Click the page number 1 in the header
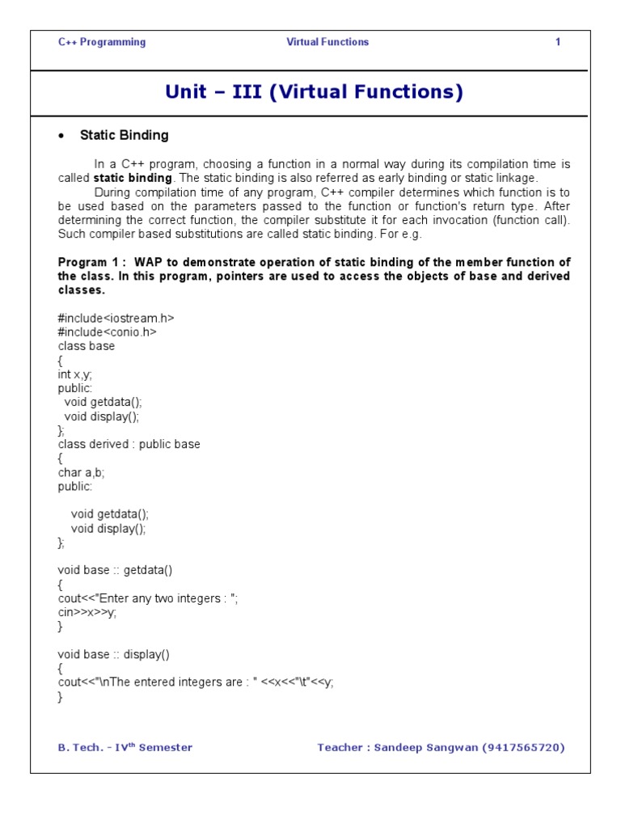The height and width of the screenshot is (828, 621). coord(558,42)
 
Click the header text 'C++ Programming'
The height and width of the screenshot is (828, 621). coord(102,42)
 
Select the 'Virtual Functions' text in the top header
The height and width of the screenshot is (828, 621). coord(327,42)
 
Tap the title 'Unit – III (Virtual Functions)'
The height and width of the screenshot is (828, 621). coord(314,92)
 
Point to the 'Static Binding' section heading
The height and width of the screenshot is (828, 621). coord(124,135)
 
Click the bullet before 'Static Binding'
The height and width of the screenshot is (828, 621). coord(61,136)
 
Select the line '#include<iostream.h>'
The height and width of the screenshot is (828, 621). coord(116,318)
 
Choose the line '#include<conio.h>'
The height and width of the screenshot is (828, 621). coord(107,332)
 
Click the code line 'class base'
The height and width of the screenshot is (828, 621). coord(87,346)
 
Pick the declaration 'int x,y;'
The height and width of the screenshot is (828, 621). coord(80,374)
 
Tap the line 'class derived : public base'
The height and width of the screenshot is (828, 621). coord(129,444)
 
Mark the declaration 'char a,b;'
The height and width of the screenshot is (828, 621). coord(82,472)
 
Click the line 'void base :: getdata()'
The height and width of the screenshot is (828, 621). coord(115,570)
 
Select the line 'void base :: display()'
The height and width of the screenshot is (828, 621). coord(114,654)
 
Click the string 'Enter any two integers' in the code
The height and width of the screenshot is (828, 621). coord(162,598)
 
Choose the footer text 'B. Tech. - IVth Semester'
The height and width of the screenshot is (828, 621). coord(125,748)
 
